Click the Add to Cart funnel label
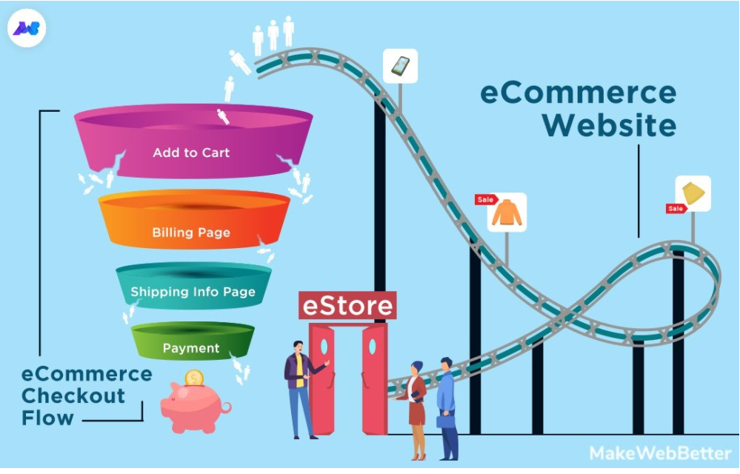191,153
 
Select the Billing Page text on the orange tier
191,233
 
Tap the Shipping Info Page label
193,292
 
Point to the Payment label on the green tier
191,348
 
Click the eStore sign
347,305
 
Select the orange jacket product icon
507,213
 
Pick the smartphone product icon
400,66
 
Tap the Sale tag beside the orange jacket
485,200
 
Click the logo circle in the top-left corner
27,29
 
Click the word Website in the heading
609,125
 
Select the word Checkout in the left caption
73,395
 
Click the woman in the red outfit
416,407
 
